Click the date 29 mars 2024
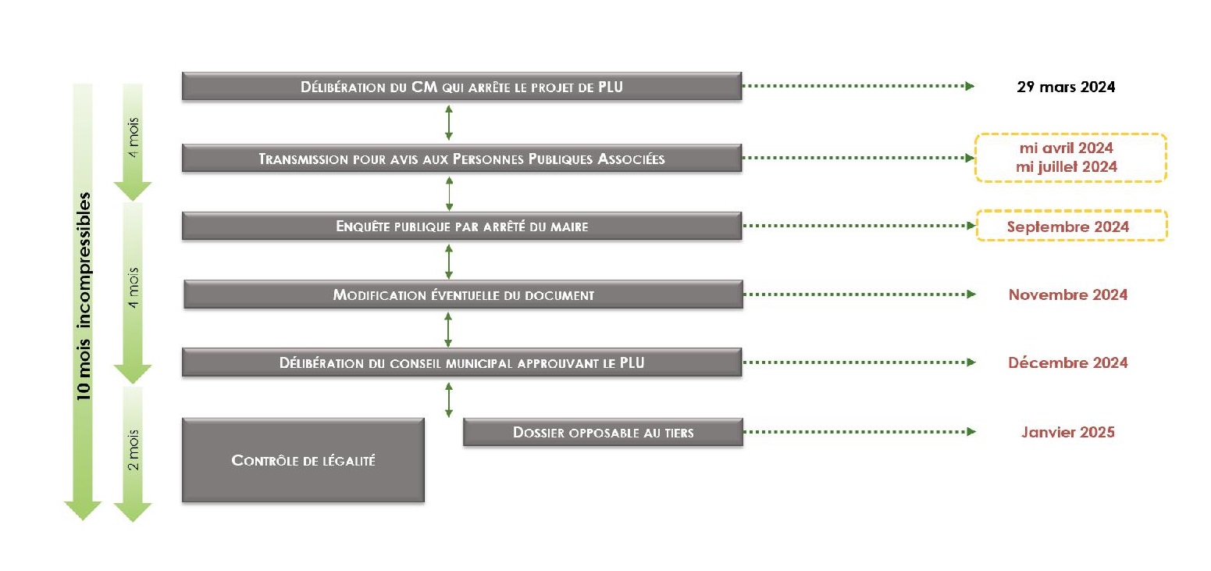[x=1066, y=87]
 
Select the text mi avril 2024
[x=1066, y=148]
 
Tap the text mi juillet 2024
[x=1066, y=166]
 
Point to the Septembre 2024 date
[x=1068, y=227]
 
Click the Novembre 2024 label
[x=1068, y=294]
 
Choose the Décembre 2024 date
[x=1068, y=362]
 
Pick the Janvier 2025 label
[x=1068, y=432]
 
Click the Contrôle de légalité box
[x=303, y=460]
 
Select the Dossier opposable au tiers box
[x=603, y=432]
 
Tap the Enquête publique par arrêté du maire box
[x=461, y=226]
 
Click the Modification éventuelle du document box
[x=463, y=294]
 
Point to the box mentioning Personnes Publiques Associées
[x=461, y=159]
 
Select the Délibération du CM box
[x=461, y=87]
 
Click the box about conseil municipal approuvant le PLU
[x=461, y=362]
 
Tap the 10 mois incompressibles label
[x=84, y=296]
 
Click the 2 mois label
[x=133, y=450]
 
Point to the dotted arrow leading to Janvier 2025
[x=860, y=431]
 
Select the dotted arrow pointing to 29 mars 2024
[x=859, y=86]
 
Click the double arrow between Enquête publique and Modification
[x=449, y=262]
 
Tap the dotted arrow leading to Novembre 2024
[x=860, y=294]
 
